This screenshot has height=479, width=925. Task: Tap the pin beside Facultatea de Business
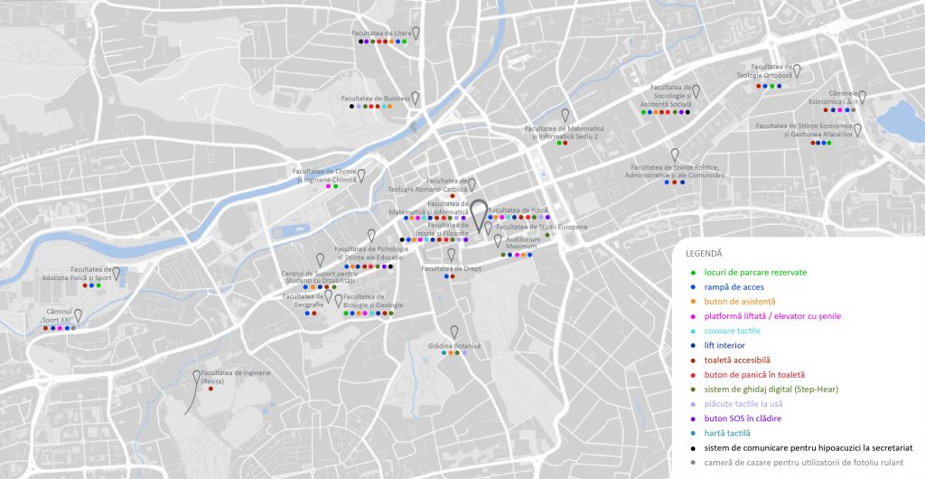tap(416, 98)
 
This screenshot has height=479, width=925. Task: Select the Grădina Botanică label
tap(454, 345)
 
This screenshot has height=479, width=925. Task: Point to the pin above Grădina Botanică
tap(454, 332)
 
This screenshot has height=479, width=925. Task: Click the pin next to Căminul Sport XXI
tap(79, 315)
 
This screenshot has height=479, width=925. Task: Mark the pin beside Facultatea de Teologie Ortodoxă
tap(797, 70)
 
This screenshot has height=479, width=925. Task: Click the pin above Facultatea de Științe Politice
tap(674, 155)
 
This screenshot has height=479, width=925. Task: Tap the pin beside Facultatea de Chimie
tap(361, 174)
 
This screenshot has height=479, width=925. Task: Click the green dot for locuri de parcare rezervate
tap(693, 272)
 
